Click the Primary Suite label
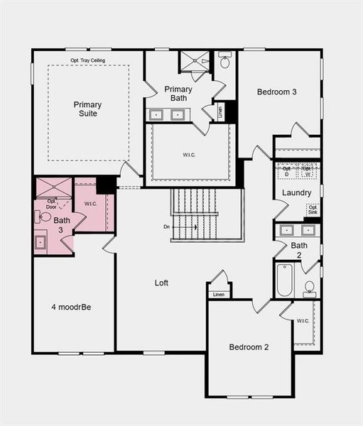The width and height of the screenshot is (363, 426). [x=87, y=109]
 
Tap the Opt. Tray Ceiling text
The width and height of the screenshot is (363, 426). [x=88, y=60]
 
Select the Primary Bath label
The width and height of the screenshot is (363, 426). [x=178, y=94]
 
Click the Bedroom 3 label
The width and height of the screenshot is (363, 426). [x=277, y=92]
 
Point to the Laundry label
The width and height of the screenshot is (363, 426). [x=296, y=192]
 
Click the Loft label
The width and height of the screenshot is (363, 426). [x=162, y=283]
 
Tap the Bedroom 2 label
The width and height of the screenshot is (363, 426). [x=249, y=347]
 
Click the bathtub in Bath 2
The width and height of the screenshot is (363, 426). [x=285, y=280]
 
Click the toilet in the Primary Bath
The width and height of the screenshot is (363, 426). [x=224, y=61]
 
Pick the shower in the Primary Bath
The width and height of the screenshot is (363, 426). [x=194, y=61]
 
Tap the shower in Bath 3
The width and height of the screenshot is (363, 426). [x=54, y=187]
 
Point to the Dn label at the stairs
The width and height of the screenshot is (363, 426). [x=166, y=227]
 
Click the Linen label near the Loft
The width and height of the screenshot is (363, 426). [x=219, y=294]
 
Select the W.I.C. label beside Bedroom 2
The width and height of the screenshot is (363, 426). [x=303, y=321]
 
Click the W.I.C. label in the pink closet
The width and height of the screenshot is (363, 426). [x=90, y=204]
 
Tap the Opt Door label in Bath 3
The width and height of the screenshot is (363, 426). [x=52, y=204]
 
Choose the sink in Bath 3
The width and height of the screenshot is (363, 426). [x=40, y=242]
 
